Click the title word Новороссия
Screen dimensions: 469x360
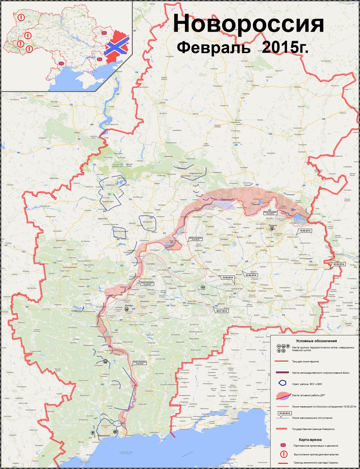click(249, 25)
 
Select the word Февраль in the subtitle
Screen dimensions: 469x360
click(213, 48)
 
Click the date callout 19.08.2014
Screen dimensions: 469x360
click(305, 230)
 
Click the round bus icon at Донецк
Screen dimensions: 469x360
click(126, 309)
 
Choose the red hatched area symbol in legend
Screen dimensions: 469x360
click(284, 395)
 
